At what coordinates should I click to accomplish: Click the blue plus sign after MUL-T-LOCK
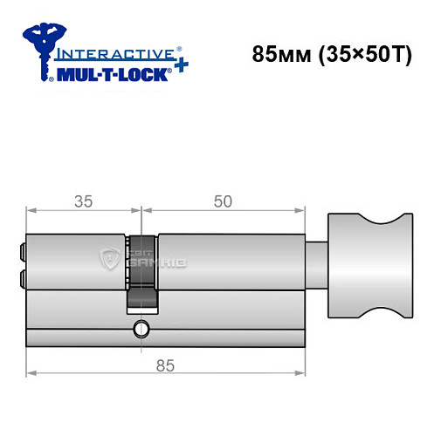(x=179, y=69)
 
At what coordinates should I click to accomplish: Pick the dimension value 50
(x=223, y=201)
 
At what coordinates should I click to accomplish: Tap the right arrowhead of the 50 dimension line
(x=305, y=211)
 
